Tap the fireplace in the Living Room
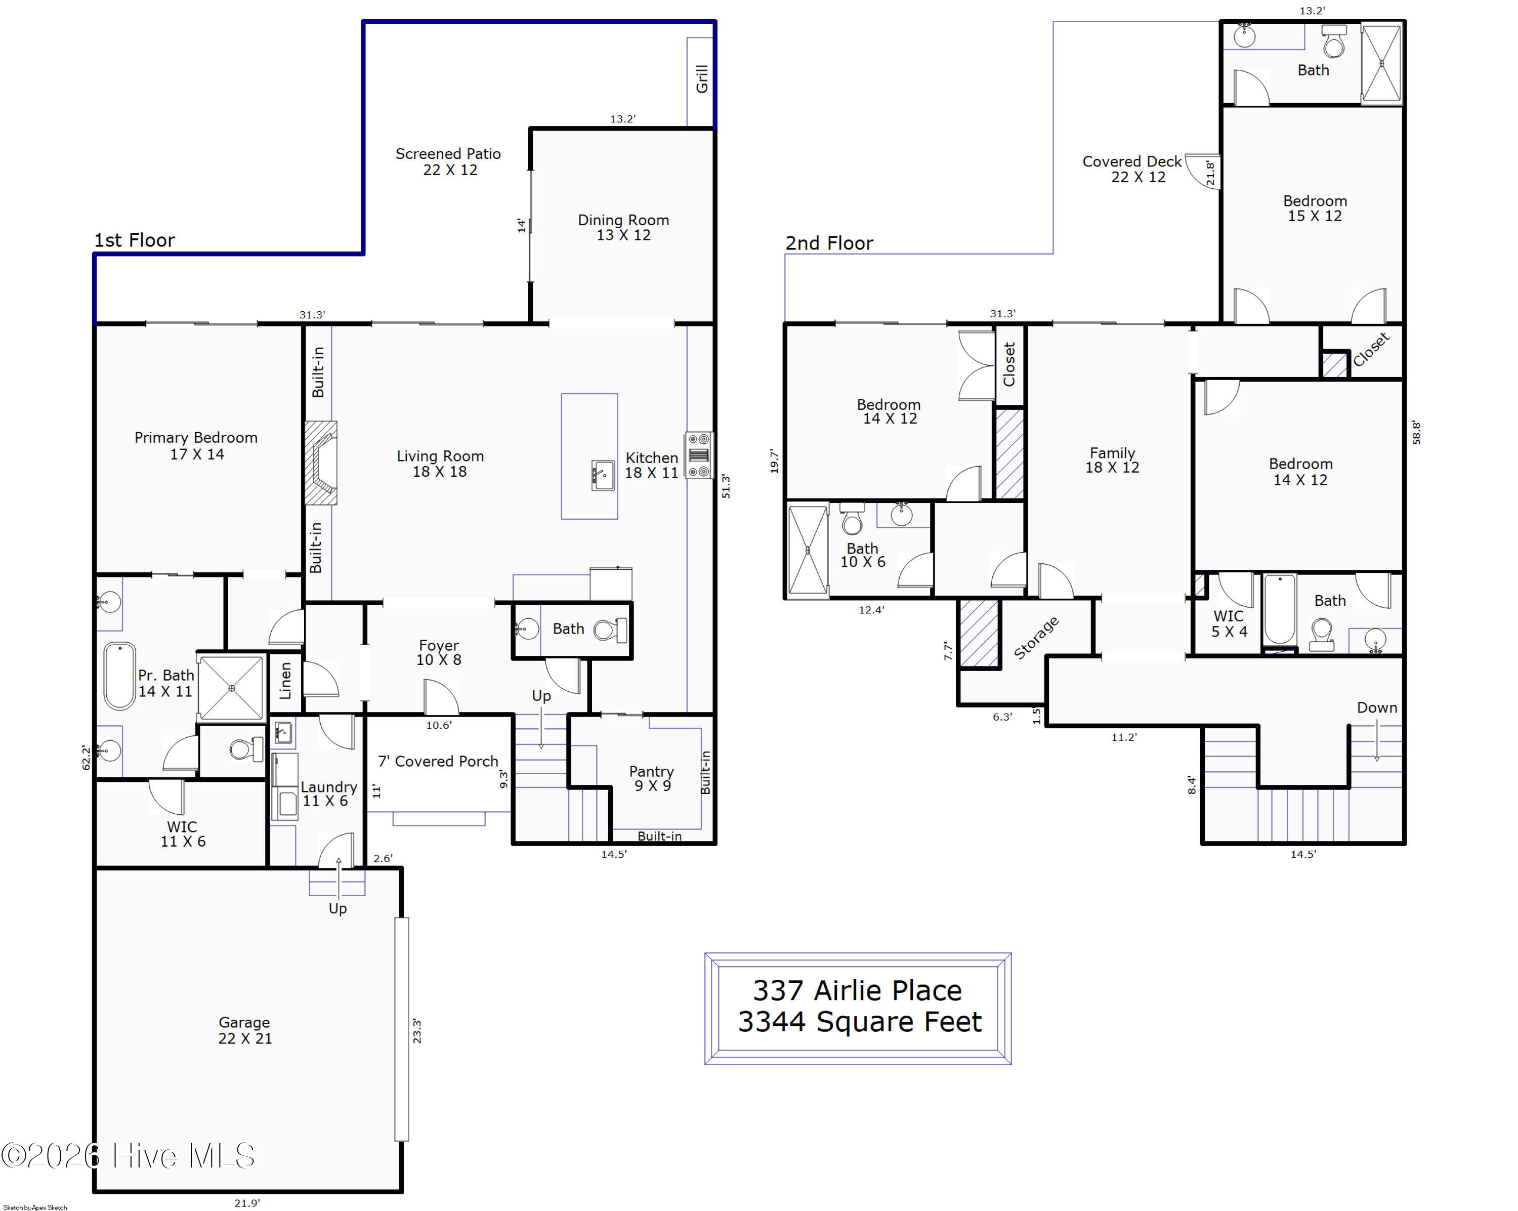click(x=320, y=463)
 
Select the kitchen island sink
click(x=603, y=475)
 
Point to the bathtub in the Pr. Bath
click(x=120, y=676)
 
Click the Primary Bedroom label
click(x=196, y=446)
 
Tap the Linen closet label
click(x=285, y=681)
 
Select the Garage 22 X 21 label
click(x=245, y=1030)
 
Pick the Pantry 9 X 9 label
click(x=652, y=779)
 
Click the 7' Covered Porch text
click(x=438, y=761)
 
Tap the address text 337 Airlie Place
click(x=858, y=991)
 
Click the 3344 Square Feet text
click(x=860, y=1022)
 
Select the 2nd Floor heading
click(x=829, y=243)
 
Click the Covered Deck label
click(x=1132, y=169)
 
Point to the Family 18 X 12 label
click(x=1113, y=460)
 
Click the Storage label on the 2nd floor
click(x=1036, y=638)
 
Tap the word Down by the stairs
click(x=1377, y=707)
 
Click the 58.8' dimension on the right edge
click(x=1417, y=432)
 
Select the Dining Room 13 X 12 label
click(x=624, y=227)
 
